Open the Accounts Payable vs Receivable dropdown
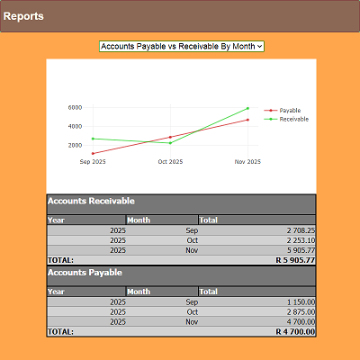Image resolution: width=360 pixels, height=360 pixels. [181, 45]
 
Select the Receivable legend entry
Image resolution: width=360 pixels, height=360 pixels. [293, 119]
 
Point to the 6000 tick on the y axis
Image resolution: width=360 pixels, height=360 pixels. [75, 107]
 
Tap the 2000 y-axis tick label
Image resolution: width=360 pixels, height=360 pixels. [75, 145]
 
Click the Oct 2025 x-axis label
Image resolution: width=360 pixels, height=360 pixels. [170, 162]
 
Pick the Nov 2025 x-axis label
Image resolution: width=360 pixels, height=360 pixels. [247, 162]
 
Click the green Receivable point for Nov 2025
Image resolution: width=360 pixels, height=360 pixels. [247, 108]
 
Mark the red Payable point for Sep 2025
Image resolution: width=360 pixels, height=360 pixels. [93, 153]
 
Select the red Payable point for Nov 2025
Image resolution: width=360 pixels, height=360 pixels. [247, 120]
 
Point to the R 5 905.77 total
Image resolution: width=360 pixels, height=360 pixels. [295, 260]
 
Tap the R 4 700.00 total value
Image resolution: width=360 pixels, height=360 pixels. [295, 331]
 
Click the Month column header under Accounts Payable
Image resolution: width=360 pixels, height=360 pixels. [139, 292]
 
